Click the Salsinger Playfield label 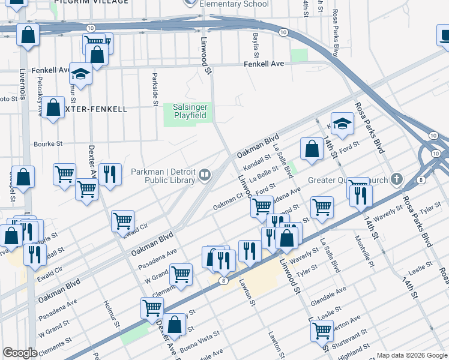coord(190,111)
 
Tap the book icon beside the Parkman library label coord(205,175)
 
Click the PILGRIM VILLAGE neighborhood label coord(91,2)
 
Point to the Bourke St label coord(49,144)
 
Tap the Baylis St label coord(256,41)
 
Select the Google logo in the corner coord(20,353)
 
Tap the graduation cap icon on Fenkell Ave coord(80,74)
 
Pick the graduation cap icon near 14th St coord(342,124)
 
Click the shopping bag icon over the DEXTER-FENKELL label coord(53,109)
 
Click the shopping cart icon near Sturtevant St coord(322,329)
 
